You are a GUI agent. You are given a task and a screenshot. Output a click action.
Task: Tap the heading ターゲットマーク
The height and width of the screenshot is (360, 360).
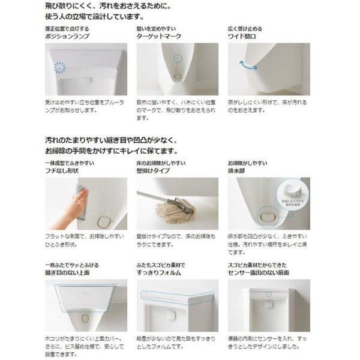click(160, 37)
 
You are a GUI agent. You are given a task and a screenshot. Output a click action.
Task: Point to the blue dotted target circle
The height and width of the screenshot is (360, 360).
click(176, 59)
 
